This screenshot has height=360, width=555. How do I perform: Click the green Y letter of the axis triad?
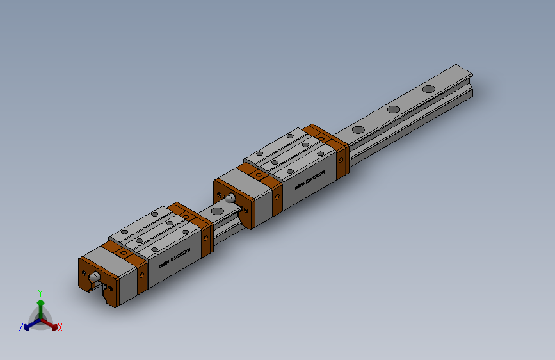(40, 291)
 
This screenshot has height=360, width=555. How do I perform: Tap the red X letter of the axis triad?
(60, 327)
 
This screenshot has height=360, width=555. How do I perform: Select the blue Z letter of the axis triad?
(21, 327)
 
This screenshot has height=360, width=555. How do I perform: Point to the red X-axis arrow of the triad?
(52, 324)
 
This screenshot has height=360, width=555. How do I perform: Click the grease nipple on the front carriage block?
(95, 277)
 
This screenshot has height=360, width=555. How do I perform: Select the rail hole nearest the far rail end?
(428, 89)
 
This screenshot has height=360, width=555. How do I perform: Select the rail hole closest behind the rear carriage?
(358, 129)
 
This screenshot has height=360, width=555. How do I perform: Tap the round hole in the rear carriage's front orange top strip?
(259, 174)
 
